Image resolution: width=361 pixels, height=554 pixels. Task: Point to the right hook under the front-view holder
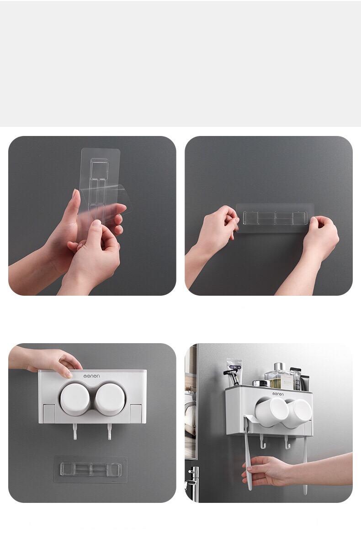tap(110, 432)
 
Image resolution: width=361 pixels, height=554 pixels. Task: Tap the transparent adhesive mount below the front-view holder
tap(90, 469)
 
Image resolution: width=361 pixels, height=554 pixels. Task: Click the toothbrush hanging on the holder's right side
tap(305, 465)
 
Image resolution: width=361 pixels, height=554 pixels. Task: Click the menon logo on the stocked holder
tap(278, 394)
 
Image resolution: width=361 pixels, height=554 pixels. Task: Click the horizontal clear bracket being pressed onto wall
tap(275, 218)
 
